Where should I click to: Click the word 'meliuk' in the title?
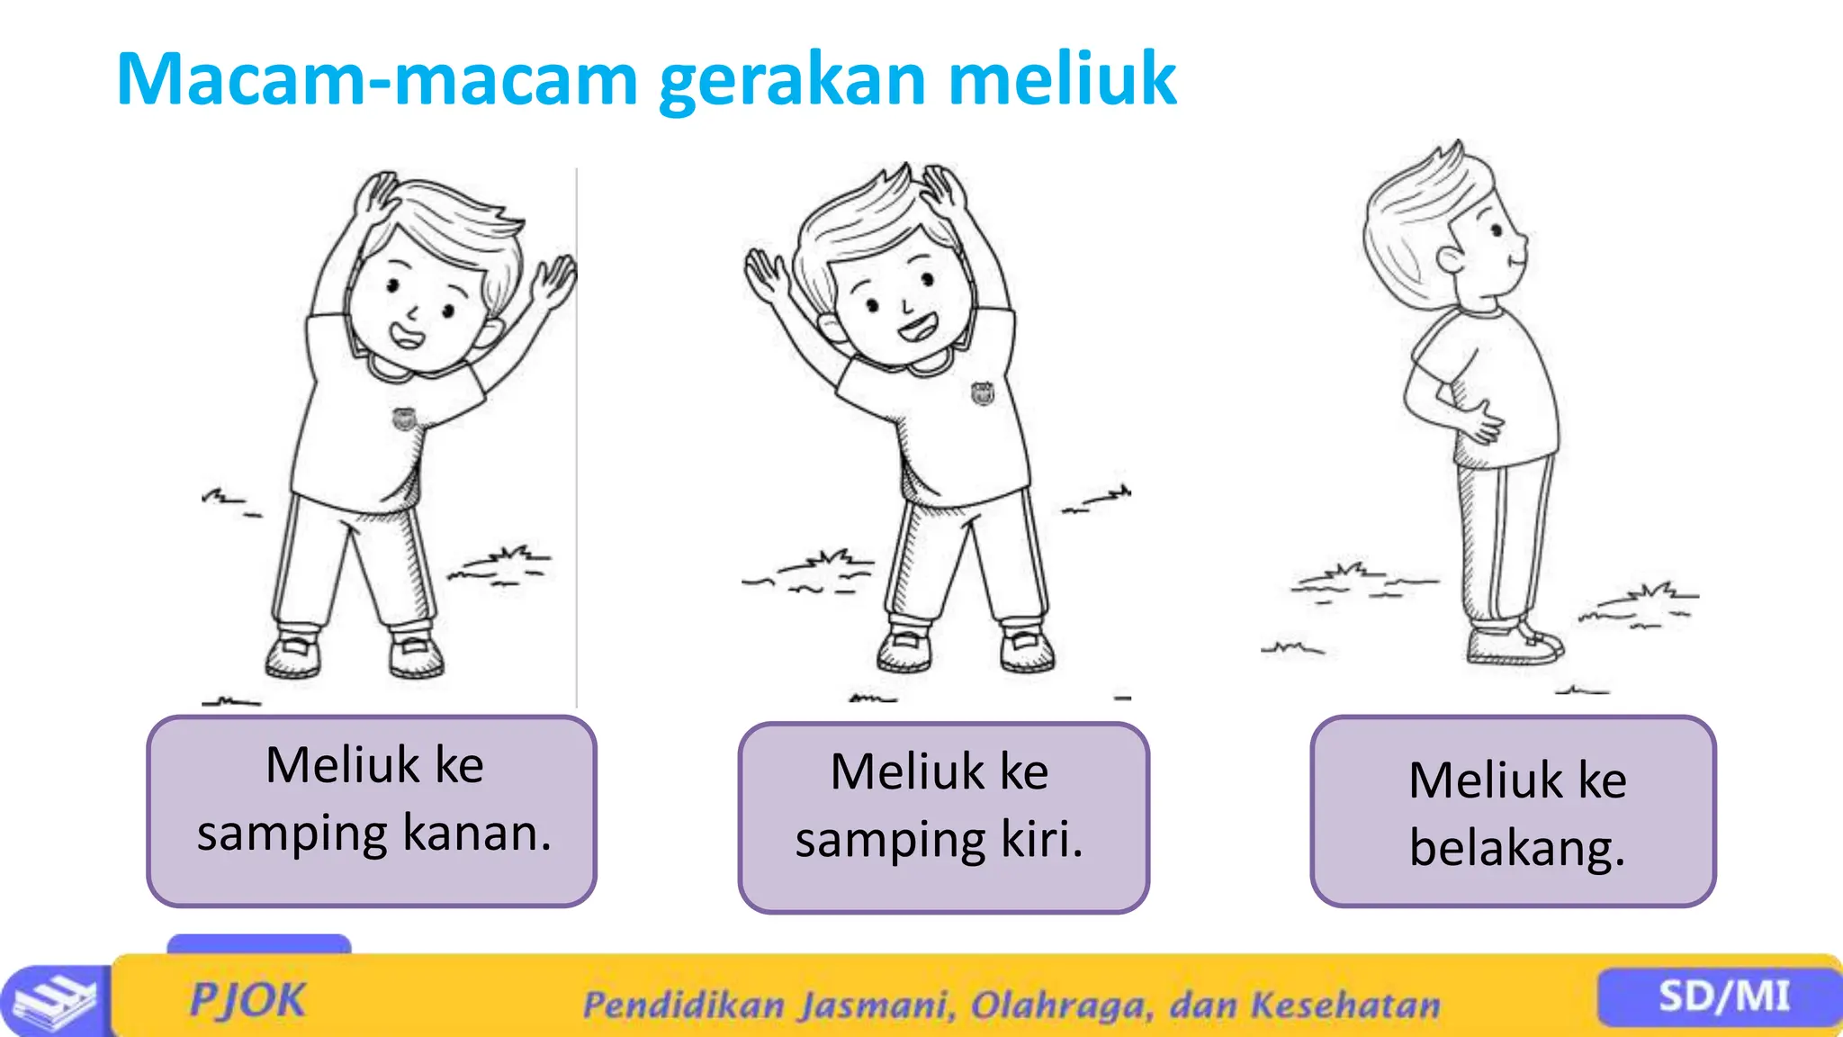(1062, 79)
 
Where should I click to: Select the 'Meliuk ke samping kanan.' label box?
(372, 811)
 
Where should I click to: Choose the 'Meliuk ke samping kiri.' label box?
(943, 817)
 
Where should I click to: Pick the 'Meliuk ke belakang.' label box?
(1513, 811)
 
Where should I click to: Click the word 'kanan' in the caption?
(476, 833)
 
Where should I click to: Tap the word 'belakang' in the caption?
(1517, 848)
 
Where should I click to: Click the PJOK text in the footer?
(247, 1000)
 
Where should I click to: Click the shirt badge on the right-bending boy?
(404, 419)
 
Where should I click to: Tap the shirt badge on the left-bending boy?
(983, 392)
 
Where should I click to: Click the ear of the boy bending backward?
(1450, 260)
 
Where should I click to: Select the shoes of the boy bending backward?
(1514, 643)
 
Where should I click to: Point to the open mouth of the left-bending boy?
(919, 326)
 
